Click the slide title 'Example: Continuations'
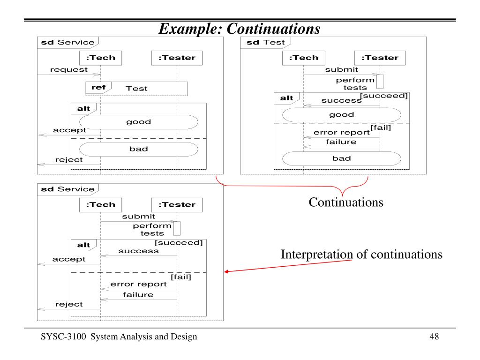[240, 29]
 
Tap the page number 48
[434, 337]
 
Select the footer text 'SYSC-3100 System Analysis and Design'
[119, 337]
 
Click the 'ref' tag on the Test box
[98, 88]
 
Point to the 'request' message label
[69, 70]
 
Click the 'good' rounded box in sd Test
[342, 115]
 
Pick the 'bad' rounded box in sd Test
[342, 158]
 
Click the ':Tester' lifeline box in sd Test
[380, 58]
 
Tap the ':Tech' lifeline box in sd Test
[303, 58]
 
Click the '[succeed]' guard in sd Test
[384, 96]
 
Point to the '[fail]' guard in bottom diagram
[181, 277]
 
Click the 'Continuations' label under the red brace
[346, 203]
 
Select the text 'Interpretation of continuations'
[361, 255]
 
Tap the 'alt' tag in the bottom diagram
[83, 245]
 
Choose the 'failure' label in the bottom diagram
[138, 295]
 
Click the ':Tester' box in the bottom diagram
[177, 204]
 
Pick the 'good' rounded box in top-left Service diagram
[138, 122]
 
